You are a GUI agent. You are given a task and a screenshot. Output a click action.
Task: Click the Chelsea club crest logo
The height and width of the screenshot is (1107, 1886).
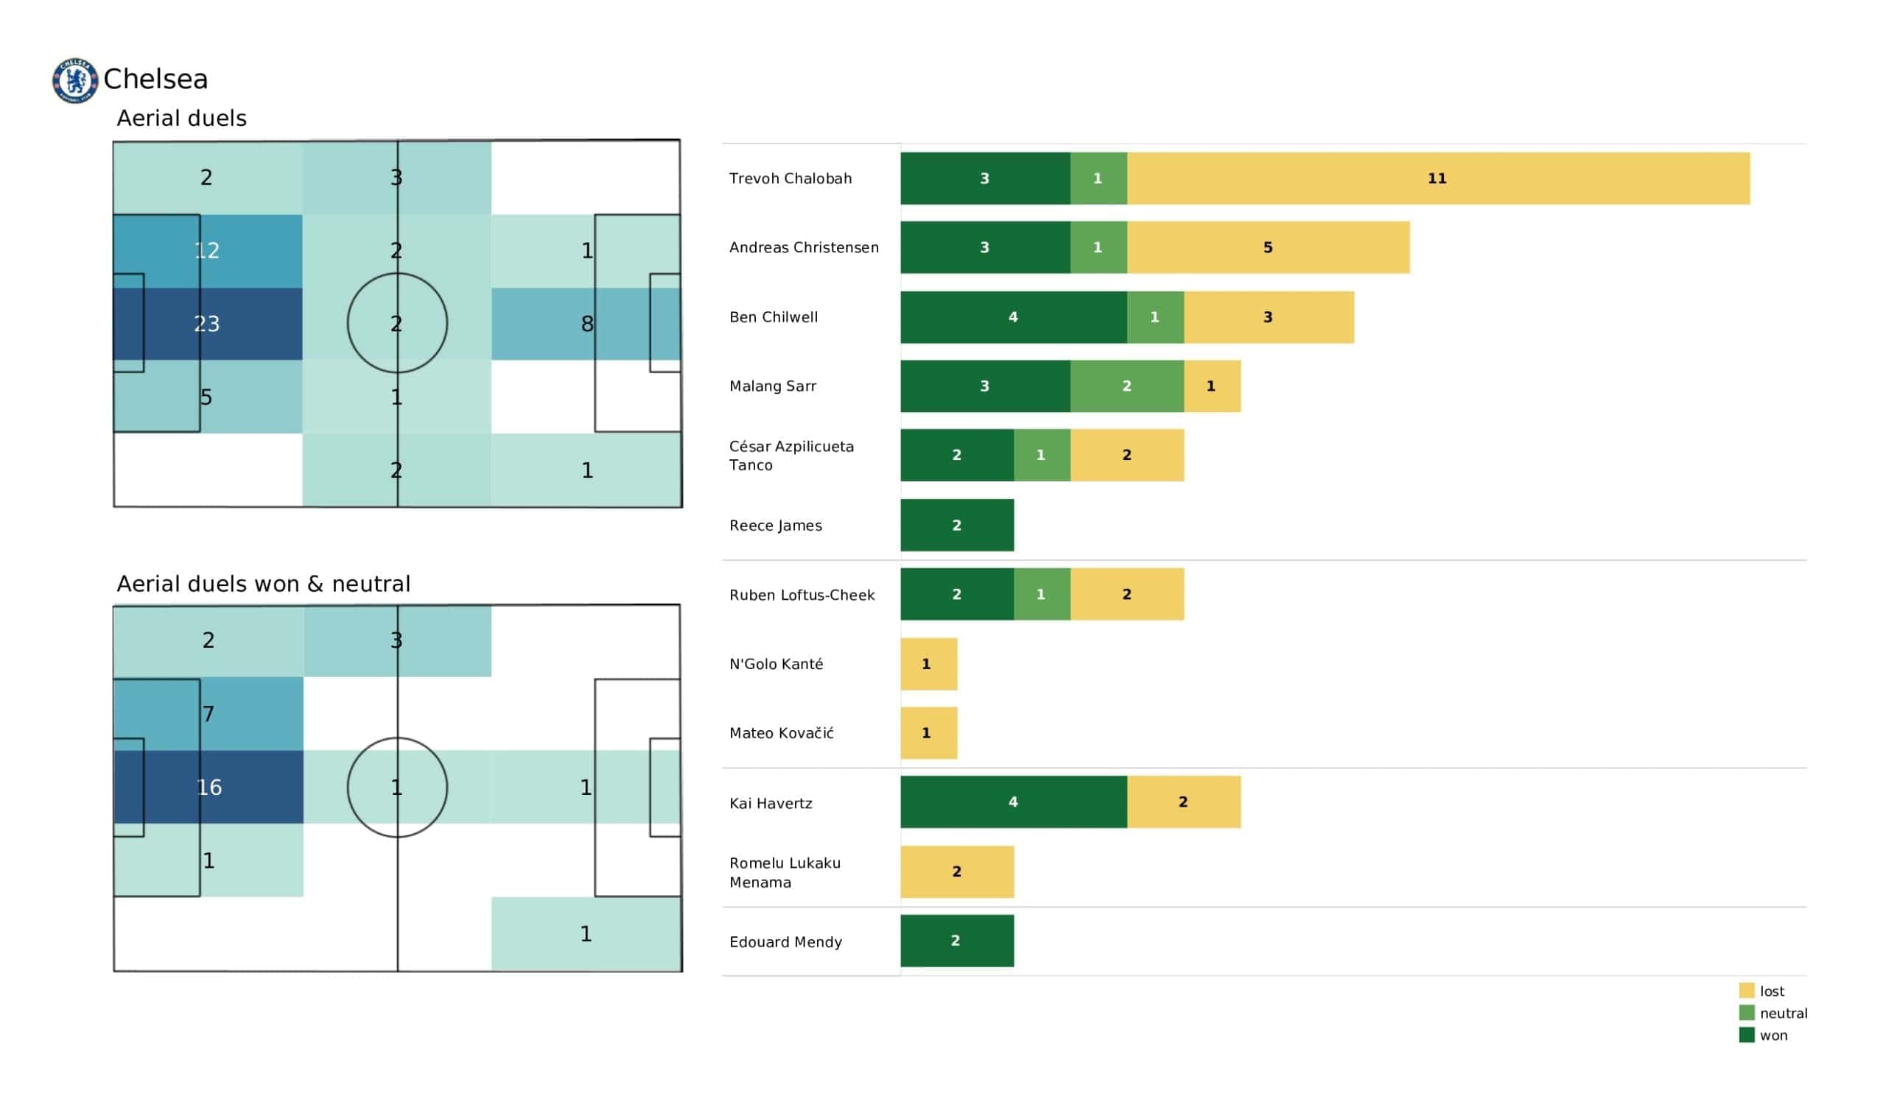coord(75,80)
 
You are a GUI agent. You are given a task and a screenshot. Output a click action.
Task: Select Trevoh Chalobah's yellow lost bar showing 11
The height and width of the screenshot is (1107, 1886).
coord(1437,179)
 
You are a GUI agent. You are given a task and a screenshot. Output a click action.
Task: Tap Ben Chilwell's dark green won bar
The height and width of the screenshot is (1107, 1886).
coord(1013,317)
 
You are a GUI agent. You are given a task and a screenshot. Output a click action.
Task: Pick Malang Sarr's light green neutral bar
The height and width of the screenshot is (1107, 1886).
coord(1126,386)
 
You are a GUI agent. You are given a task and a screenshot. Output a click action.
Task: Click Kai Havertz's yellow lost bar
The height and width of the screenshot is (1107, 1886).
coord(1183,802)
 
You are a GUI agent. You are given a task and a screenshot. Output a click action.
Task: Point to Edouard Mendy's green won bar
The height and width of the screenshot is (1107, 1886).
coord(956,940)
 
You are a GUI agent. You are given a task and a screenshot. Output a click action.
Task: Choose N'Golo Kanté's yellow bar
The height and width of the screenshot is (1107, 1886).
coord(928,663)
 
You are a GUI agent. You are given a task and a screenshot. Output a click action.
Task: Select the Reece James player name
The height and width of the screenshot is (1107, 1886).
coord(775,525)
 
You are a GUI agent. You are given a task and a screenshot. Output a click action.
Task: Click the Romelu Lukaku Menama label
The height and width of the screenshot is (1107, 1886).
coord(785,872)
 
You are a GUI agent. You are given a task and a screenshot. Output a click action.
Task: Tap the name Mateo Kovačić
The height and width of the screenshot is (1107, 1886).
coord(782,733)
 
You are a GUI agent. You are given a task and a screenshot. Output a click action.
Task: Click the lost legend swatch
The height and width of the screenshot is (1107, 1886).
coord(1747,990)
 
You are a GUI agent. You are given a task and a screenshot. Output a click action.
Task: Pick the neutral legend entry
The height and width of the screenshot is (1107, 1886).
coord(1774,1013)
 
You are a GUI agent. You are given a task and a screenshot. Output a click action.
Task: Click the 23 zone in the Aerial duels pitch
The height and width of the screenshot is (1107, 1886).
coord(207,324)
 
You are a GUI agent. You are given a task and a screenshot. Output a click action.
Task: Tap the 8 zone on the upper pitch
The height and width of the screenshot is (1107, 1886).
coord(586,324)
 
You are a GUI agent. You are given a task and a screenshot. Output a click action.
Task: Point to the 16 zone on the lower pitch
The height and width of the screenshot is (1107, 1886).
coord(208,787)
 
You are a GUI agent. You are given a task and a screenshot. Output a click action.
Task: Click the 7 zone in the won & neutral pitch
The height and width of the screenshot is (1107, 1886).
coord(208,713)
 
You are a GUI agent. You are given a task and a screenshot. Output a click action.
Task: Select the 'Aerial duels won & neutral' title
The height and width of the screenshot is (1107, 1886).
coord(264,584)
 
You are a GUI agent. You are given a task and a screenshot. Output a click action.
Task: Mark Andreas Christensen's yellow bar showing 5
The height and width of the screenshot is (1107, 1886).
coord(1268,247)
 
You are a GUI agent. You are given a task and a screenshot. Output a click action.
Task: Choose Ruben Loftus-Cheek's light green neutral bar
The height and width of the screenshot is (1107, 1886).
coord(1041,594)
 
